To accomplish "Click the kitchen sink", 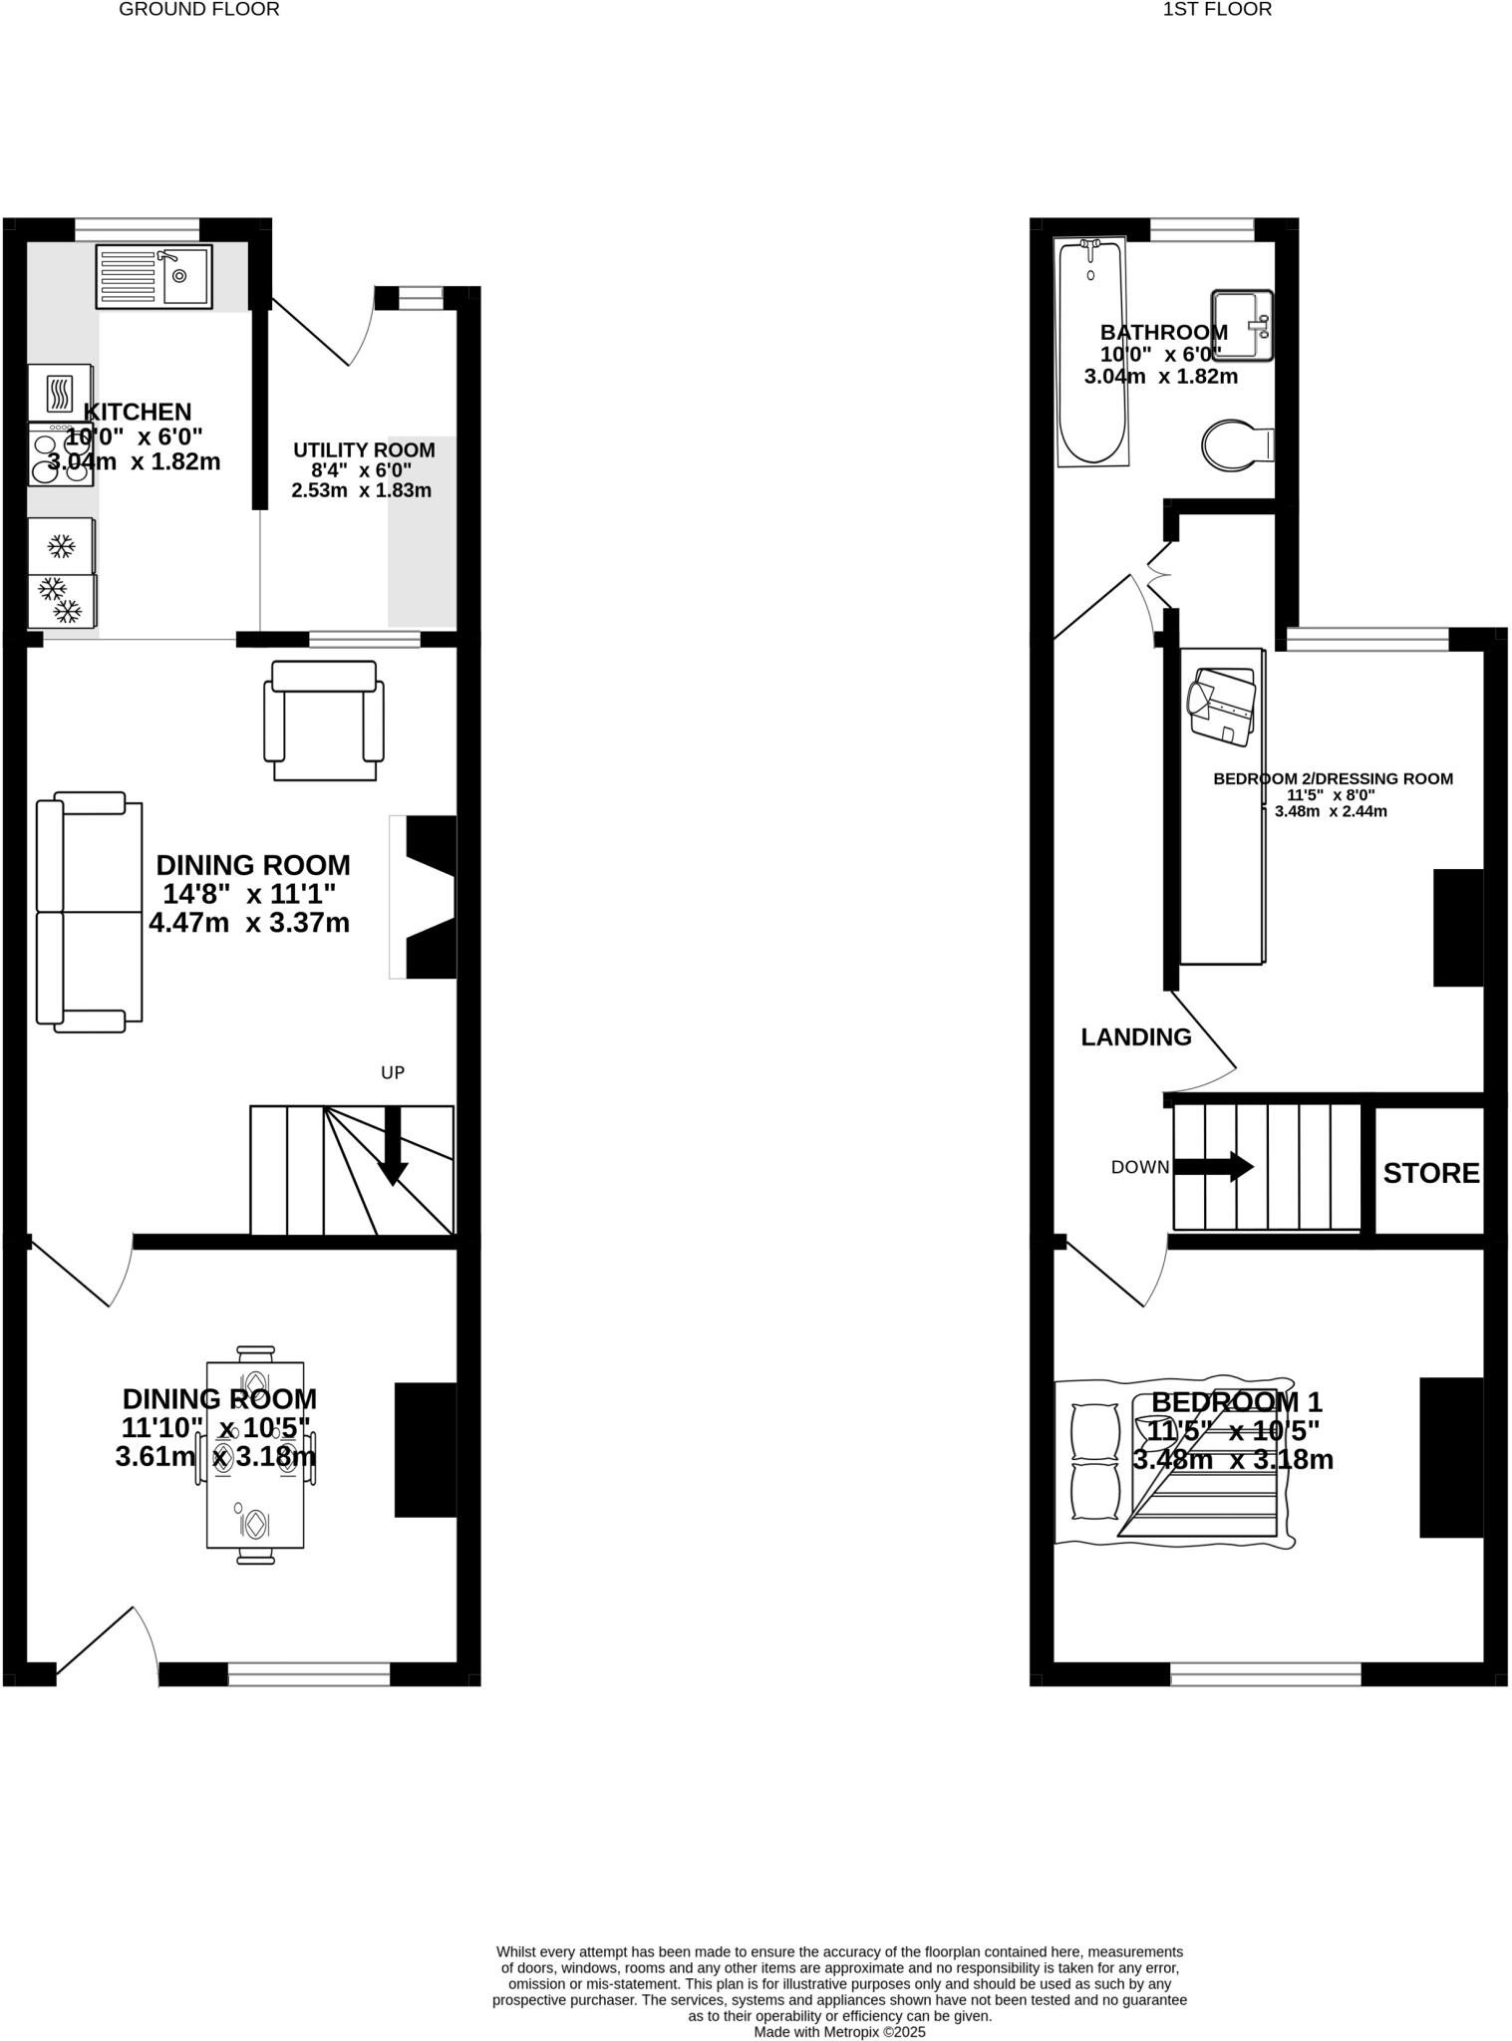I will tap(154, 276).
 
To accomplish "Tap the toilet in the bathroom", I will tap(1235, 445).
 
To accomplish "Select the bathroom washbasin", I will tap(1242, 324).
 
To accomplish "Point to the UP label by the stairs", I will tap(393, 1073).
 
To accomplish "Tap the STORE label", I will tap(1430, 1173).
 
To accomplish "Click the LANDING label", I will tap(1135, 1037).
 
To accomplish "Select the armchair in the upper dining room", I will tap(324, 722).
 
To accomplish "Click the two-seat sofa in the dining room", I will tap(88, 911).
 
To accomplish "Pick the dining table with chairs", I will tap(255, 1455).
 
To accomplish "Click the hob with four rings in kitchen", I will tap(61, 455).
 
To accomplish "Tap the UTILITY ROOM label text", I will tap(364, 450).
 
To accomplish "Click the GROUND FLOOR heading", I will tap(198, 10).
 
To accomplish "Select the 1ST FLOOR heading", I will tap(1216, 10).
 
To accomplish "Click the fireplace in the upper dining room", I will tap(427, 897).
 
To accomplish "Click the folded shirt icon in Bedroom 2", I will tap(1221, 706).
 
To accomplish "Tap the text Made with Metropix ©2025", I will tap(839, 2032).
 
